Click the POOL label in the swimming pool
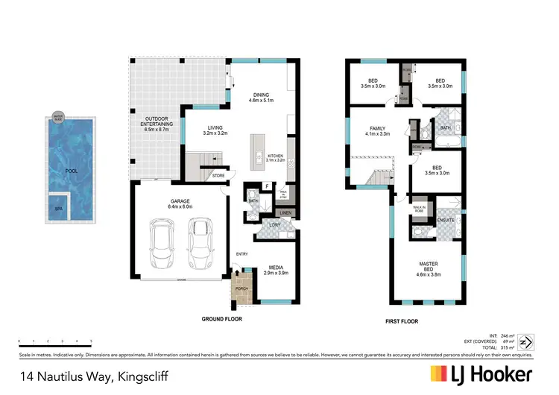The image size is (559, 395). coord(71,171)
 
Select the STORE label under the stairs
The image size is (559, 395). coord(218,176)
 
